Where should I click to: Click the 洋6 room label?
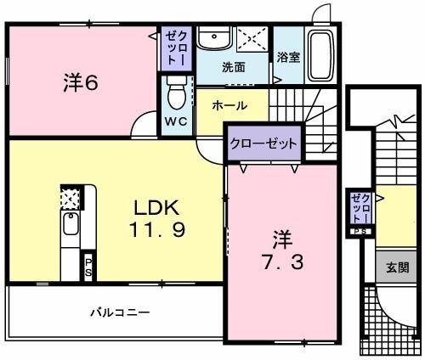(x=81, y=82)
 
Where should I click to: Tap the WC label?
(x=176, y=121)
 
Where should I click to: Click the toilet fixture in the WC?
(x=176, y=90)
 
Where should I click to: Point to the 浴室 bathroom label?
(x=288, y=57)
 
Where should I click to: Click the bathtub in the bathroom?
(x=320, y=53)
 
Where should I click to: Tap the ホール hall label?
(x=229, y=105)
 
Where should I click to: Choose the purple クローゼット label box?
(x=263, y=143)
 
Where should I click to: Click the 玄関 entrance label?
(x=396, y=268)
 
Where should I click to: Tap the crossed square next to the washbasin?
(x=252, y=39)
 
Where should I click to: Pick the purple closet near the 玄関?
(x=360, y=208)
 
